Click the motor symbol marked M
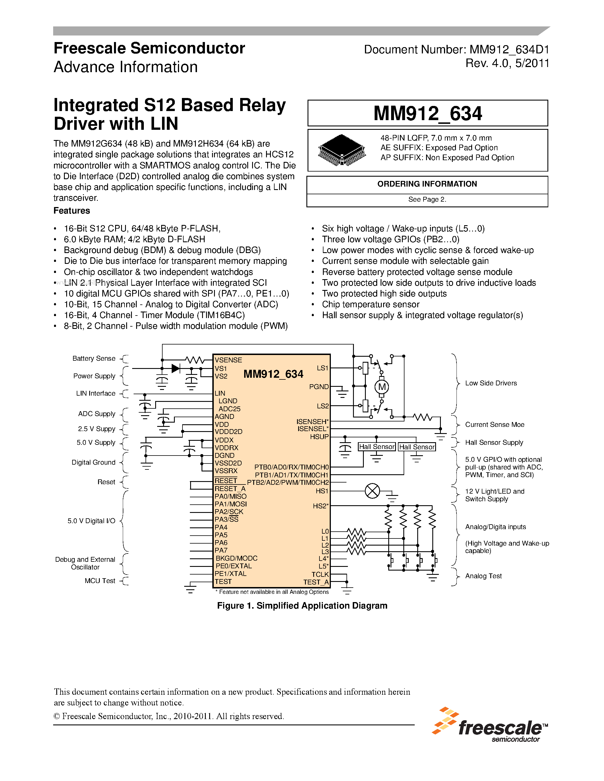[382, 387]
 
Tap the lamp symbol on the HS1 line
[372, 491]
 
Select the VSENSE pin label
[228, 360]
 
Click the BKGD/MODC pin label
[236, 558]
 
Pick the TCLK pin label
[320, 574]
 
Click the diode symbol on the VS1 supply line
[175, 368]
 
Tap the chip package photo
[342, 150]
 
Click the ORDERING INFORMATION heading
[427, 184]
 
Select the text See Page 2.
[427, 200]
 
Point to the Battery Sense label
[94, 358]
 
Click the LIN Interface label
[96, 393]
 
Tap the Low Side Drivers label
[491, 383]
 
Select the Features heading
[72, 211]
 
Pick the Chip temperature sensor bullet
[371, 304]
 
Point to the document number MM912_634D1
[509, 49]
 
